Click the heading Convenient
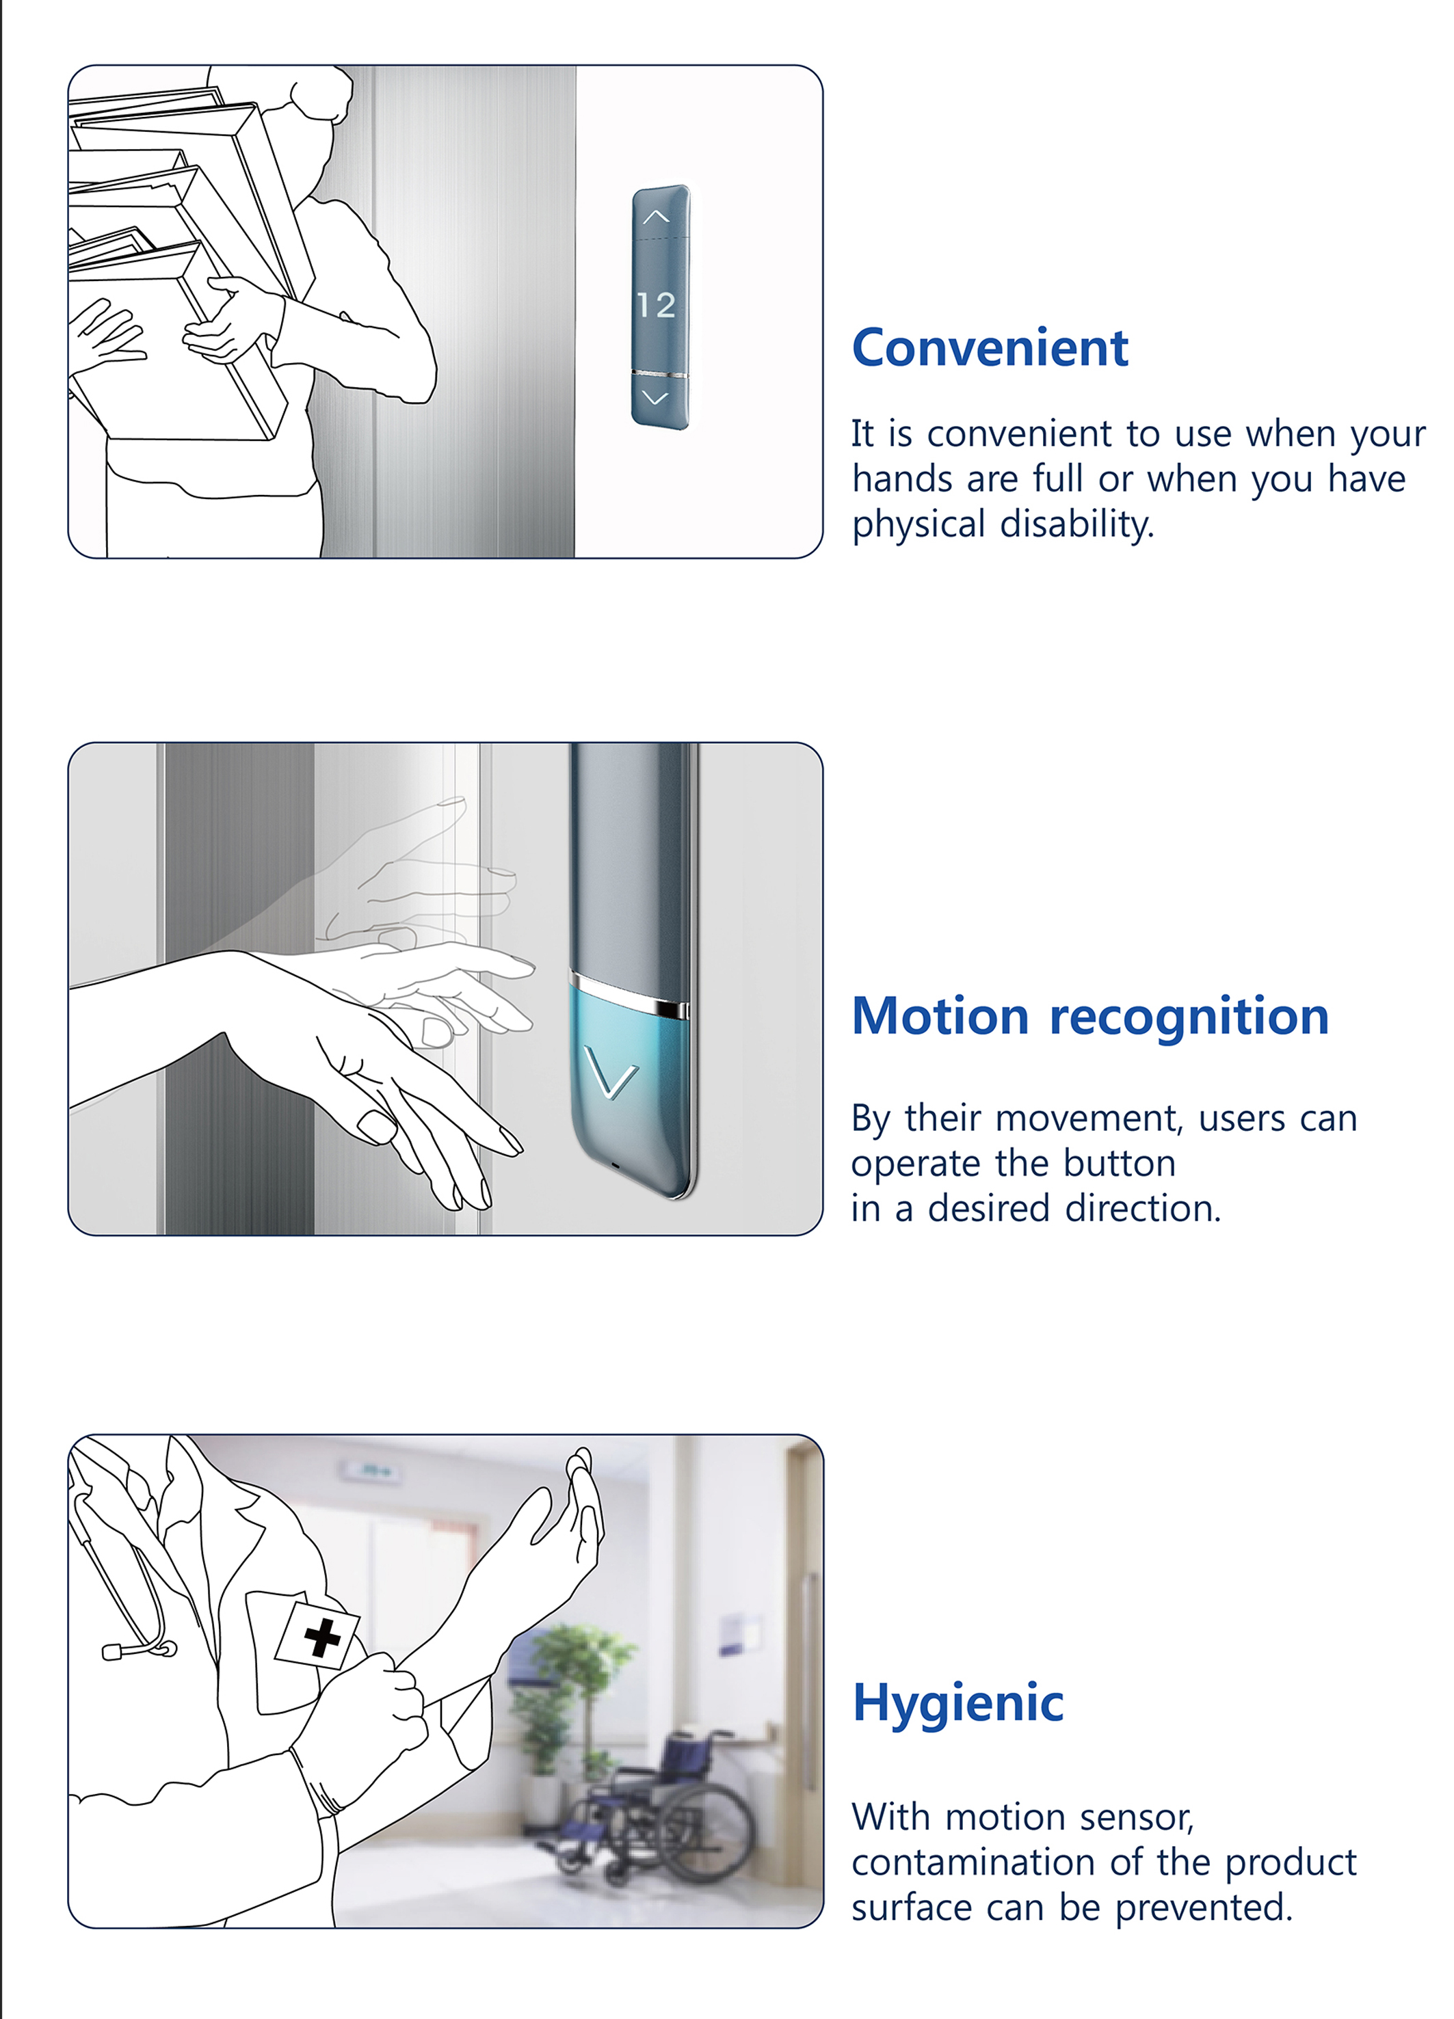pyautogui.click(x=989, y=347)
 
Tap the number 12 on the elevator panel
pyautogui.click(x=656, y=306)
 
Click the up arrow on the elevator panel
pyautogui.click(x=656, y=216)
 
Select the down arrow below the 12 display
pyautogui.click(x=655, y=398)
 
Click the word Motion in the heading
pyautogui.click(x=940, y=1016)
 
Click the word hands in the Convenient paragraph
pyautogui.click(x=902, y=479)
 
